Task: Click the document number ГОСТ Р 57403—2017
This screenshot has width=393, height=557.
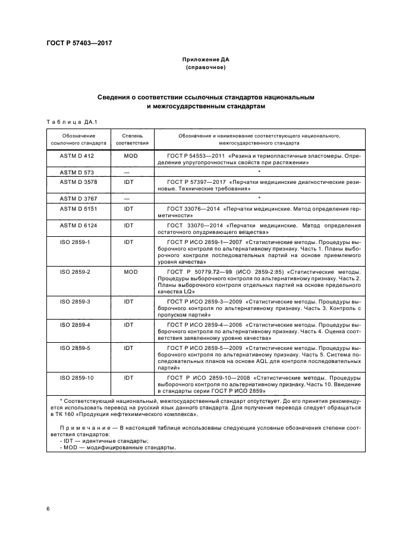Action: pos(79,43)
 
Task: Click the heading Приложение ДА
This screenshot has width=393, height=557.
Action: pos(205,60)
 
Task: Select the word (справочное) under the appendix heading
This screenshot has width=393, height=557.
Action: pos(205,68)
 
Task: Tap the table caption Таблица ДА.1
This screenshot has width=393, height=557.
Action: pos(71,122)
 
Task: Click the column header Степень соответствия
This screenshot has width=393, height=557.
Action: pos(132,139)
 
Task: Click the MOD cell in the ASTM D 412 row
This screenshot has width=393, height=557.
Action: pos(130,155)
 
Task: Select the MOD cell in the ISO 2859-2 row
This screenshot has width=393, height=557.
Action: pos(130,271)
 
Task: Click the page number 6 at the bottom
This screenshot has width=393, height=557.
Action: pos(48,509)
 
